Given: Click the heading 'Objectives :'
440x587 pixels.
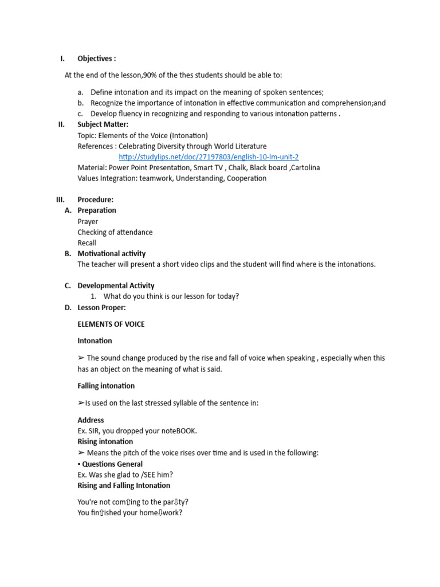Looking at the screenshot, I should coord(97,58).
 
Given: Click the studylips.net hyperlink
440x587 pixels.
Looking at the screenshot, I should coord(209,157).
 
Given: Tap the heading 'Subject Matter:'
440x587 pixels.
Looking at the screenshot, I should coord(103,124).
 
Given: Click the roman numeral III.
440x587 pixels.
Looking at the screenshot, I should coord(61,199).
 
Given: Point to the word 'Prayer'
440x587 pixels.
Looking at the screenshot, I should coord(88,221).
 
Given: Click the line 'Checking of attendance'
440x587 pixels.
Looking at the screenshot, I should coord(115,232).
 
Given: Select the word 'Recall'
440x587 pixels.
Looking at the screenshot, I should coord(87,243).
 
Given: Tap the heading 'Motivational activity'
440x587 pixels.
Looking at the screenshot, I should coord(112,253).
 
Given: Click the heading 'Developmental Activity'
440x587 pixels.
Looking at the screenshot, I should coord(116,285).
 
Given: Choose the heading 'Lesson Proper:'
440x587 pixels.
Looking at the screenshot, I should coord(101,308).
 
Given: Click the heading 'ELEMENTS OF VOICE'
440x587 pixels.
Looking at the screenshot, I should coord(111,324).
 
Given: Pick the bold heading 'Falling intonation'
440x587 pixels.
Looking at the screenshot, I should coord(106,386).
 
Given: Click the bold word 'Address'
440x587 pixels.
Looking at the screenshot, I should coord(91,420).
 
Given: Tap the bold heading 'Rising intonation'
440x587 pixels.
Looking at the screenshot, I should coord(105,442).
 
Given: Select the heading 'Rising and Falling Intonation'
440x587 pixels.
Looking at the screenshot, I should coord(124,486).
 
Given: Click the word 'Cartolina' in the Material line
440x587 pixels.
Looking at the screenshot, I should coord(304,168).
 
